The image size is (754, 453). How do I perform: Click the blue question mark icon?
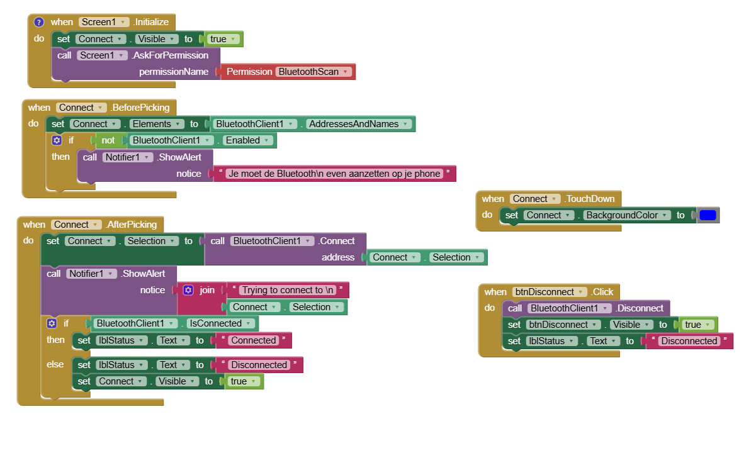39,22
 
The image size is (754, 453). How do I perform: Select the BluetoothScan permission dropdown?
313,72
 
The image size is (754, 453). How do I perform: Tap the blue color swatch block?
707,215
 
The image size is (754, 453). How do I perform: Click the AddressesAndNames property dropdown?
358,124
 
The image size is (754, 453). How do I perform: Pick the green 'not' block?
108,140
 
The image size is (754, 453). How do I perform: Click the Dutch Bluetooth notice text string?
335,174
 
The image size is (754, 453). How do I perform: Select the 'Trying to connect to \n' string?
288,290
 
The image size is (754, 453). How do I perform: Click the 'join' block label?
207,290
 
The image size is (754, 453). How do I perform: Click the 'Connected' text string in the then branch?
254,340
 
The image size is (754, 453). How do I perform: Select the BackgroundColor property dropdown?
626,215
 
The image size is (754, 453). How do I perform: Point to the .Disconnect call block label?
639,308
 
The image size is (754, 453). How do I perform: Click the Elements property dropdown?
156,124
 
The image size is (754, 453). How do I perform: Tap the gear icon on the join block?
189,290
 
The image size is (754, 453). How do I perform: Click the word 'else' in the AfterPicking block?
55,364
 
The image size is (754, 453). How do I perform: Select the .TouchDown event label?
590,199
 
